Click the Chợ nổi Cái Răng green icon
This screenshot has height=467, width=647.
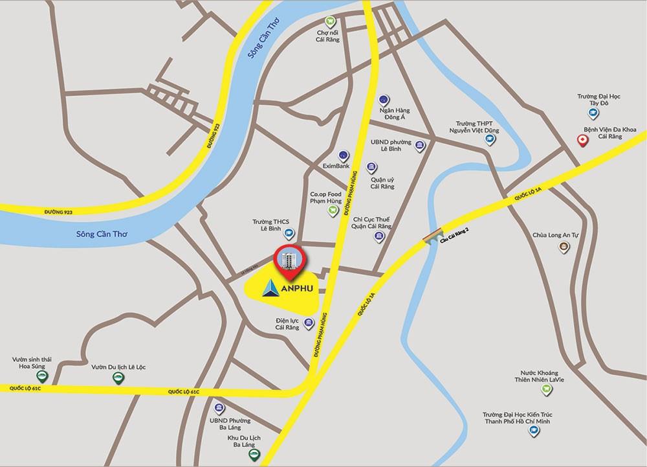[x=332, y=21]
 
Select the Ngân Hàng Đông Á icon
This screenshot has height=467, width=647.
[x=384, y=100]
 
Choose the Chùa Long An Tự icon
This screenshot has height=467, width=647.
[x=564, y=247]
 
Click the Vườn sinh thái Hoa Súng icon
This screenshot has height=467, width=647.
[x=41, y=377]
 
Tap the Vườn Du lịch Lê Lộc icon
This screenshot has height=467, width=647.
[x=118, y=380]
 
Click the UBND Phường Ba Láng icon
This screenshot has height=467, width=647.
[x=219, y=409]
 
